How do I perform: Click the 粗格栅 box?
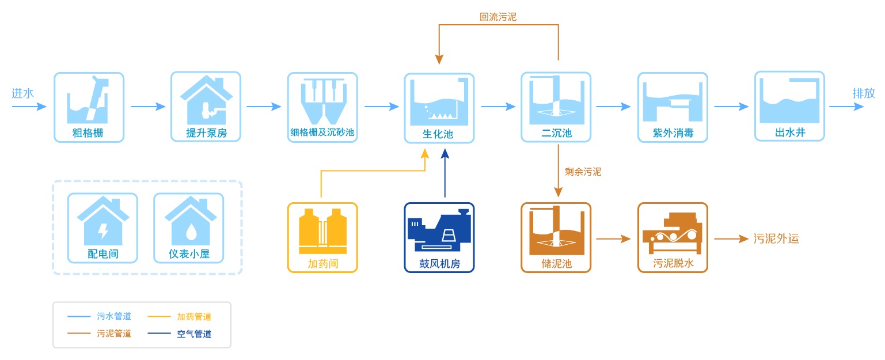(89, 107)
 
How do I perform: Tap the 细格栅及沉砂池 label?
(322, 134)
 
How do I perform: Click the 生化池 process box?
(439, 108)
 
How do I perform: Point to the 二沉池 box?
(556, 107)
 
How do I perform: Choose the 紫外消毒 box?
(673, 107)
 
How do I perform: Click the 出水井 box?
(789, 107)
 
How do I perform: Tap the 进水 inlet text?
(23, 93)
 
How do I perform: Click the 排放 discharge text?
(864, 93)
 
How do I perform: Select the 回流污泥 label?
(498, 17)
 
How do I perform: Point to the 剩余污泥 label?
(583, 172)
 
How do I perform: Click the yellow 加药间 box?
(322, 237)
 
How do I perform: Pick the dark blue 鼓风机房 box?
(439, 237)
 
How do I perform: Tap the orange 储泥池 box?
(556, 237)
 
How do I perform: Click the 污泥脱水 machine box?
(673, 237)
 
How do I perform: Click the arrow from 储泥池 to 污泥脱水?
(614, 238)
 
